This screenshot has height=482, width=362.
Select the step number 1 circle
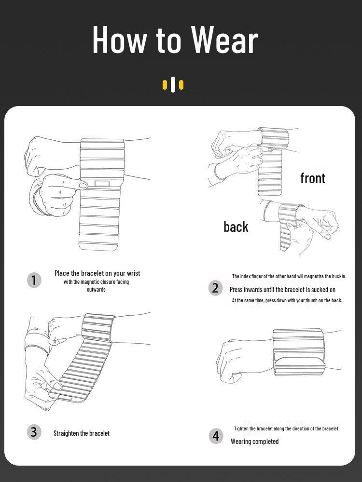click(34, 280)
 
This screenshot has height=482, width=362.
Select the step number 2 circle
click(216, 288)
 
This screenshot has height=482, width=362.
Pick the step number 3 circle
click(34, 432)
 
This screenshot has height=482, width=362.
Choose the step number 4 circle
click(216, 436)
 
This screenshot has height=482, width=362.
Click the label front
click(313, 178)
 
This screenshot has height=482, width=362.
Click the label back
click(236, 227)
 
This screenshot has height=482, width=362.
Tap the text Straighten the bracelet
click(82, 433)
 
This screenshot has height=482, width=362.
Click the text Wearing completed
click(254, 442)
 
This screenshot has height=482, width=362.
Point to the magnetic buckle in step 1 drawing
click(102, 184)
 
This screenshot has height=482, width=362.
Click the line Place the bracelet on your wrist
click(97, 273)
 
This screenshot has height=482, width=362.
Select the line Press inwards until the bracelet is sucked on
click(282, 290)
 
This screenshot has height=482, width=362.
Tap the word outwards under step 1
click(96, 290)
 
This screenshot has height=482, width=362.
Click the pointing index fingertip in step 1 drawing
click(83, 185)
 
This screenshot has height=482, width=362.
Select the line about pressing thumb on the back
click(287, 300)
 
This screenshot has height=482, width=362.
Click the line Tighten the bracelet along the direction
click(286, 428)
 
